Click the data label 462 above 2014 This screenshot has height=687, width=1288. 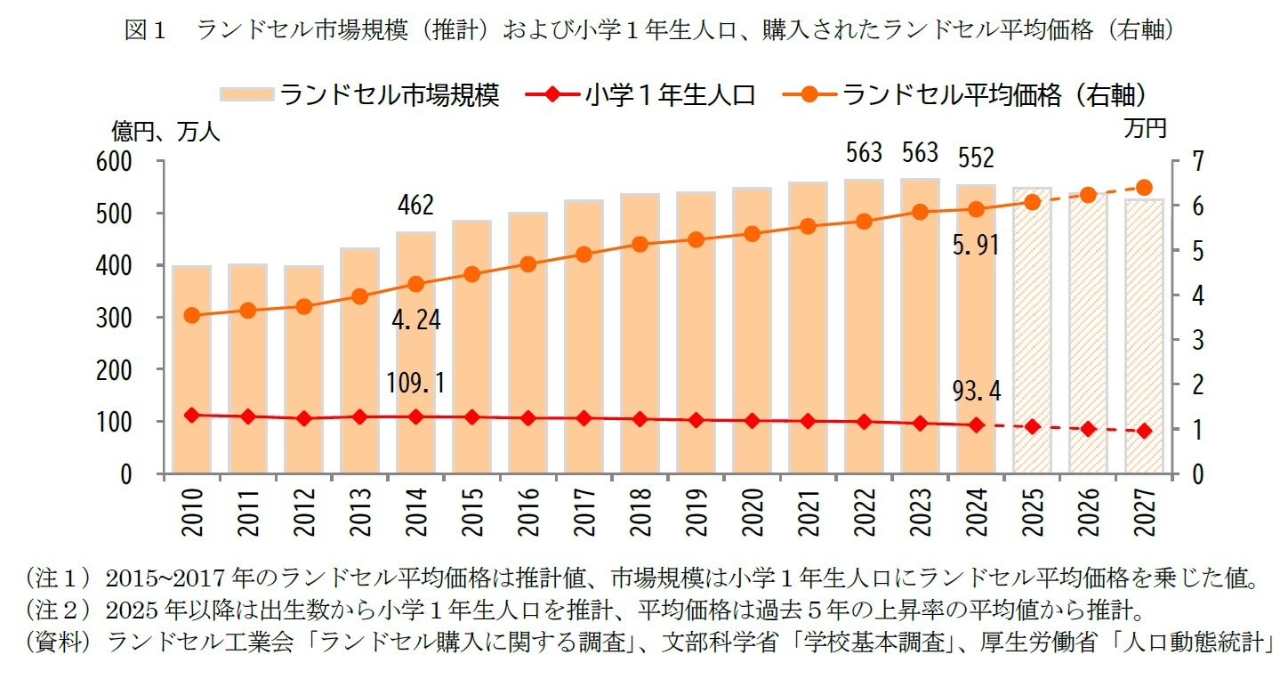[x=415, y=206]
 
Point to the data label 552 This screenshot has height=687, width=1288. [x=976, y=159]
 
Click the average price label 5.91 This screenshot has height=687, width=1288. [x=975, y=247]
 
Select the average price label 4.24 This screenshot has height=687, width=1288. [x=415, y=319]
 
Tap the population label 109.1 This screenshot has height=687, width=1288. [x=415, y=383]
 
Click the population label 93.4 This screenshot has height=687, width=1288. [x=976, y=391]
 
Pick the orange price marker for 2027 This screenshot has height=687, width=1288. [x=1144, y=188]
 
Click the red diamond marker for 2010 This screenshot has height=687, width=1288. [x=191, y=415]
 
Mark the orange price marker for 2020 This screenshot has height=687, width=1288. [x=752, y=234]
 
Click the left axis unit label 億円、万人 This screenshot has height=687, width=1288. [x=165, y=132]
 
